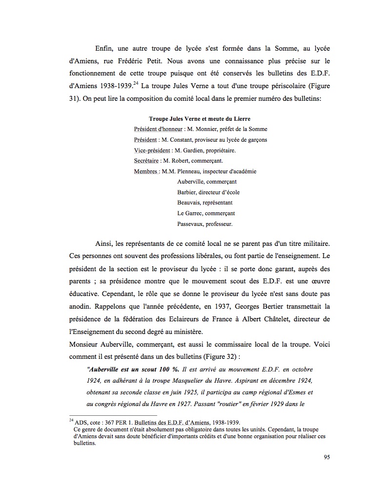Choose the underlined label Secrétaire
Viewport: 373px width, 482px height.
coord(145,161)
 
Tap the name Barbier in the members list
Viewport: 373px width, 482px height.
coord(187,192)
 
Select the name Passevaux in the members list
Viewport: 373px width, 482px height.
coord(191,224)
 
